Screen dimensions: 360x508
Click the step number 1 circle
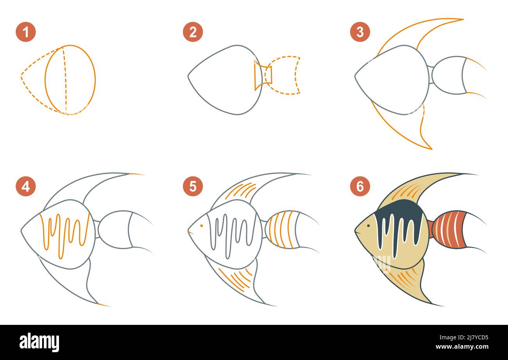[x=26, y=32]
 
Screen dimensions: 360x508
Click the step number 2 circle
[x=193, y=32]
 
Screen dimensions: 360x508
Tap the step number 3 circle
[x=360, y=32]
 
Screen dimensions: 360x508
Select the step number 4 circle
[x=26, y=186]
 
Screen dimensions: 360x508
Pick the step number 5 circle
[x=193, y=186]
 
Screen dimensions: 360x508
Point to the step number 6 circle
[x=360, y=186]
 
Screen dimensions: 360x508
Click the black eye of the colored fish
[x=368, y=226]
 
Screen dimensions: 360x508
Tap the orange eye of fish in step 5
[x=201, y=226]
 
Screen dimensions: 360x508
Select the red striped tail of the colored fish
[x=449, y=230]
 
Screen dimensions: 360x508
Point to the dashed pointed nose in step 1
[x=23, y=77]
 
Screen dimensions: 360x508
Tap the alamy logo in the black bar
[x=39, y=342]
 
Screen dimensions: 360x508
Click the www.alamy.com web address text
[x=461, y=347]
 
